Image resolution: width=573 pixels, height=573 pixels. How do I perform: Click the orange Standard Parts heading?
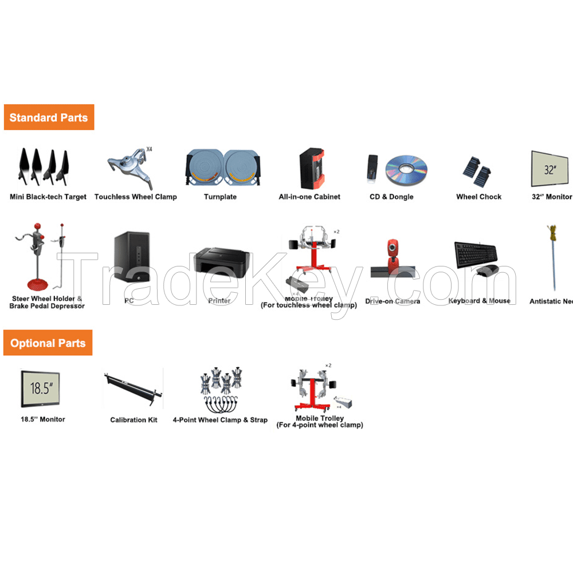tap(49, 117)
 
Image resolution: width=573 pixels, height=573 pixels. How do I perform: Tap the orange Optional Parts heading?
tap(48, 343)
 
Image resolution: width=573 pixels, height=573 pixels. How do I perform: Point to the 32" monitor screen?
tap(550, 169)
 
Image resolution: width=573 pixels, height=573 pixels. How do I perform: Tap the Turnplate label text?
tap(220, 197)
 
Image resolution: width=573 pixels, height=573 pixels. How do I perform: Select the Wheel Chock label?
tap(478, 197)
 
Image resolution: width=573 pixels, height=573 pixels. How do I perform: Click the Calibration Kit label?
tap(134, 420)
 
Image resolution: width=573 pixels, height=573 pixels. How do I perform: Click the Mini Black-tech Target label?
tap(48, 197)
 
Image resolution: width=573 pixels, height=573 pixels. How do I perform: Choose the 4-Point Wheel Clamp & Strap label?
tap(220, 420)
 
